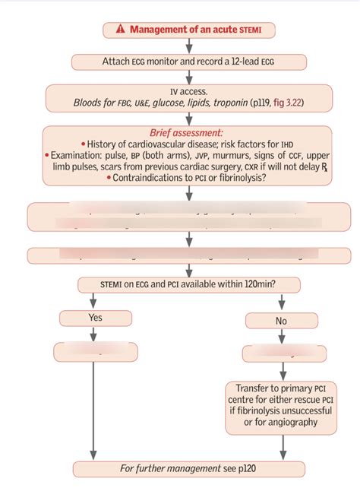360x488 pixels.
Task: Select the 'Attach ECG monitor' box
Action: click(x=189, y=62)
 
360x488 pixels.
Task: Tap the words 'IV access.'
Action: click(x=188, y=90)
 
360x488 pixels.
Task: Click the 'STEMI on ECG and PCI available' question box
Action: click(x=188, y=284)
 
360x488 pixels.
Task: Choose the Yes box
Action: click(x=95, y=318)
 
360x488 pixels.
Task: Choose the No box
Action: click(x=282, y=320)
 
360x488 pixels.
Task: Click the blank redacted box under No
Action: click(x=282, y=353)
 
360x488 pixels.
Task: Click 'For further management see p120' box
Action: click(x=188, y=469)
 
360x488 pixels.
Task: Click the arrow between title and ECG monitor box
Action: click(x=189, y=46)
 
